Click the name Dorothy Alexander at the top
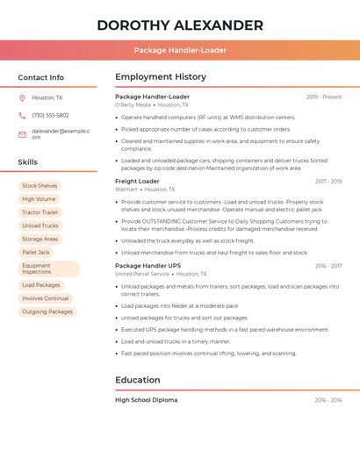click(x=180, y=25)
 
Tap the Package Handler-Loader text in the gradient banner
click(x=180, y=50)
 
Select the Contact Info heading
click(x=40, y=77)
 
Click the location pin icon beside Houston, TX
click(x=22, y=98)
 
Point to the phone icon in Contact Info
click(x=22, y=115)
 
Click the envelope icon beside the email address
click(x=22, y=133)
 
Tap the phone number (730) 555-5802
click(x=50, y=115)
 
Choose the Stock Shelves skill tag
click(x=40, y=186)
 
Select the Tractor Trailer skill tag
click(x=40, y=212)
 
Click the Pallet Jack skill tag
click(x=36, y=252)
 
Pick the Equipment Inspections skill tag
click(x=47, y=268)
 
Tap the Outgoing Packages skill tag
click(x=47, y=311)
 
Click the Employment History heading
click(x=160, y=77)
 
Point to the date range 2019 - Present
click(x=324, y=97)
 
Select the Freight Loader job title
click(x=137, y=181)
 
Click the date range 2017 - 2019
click(x=328, y=182)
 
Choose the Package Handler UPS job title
click(x=148, y=265)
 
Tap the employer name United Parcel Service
click(x=142, y=274)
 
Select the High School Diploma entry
click(x=146, y=400)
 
